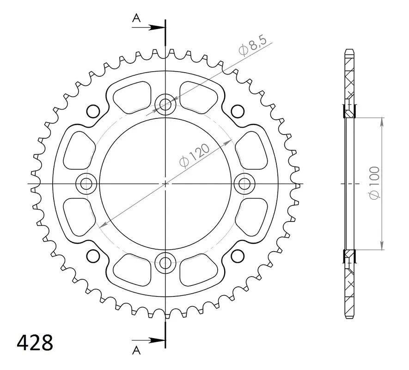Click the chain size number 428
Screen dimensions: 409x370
[x=35, y=342]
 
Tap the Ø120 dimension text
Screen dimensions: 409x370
[x=194, y=155]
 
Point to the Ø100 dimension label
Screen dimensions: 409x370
[x=374, y=183]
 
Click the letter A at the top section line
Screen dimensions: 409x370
[x=136, y=18]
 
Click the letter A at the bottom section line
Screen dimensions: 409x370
[x=136, y=350]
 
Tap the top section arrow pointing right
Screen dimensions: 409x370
[x=149, y=27]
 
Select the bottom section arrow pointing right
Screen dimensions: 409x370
[x=149, y=340]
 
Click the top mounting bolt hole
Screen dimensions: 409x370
[x=165, y=104]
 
